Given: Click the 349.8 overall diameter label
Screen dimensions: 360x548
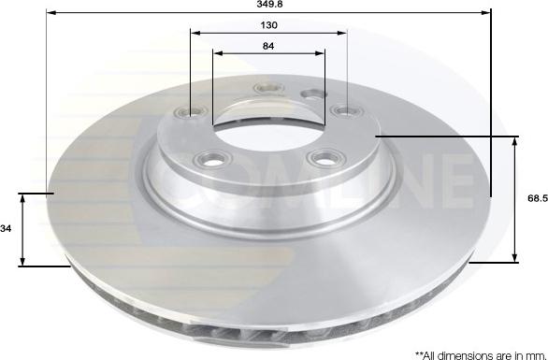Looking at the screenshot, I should (270, 6).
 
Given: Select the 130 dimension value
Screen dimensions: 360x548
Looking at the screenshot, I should (268, 24).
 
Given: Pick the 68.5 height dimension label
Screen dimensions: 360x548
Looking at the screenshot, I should (534, 199).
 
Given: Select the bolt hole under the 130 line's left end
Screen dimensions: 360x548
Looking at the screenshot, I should (194, 113).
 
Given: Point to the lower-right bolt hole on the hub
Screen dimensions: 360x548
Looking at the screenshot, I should (324, 157).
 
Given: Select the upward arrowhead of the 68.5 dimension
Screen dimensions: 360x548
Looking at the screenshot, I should (515, 140).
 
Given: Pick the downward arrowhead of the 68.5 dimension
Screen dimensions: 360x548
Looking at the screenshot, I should (515, 259).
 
